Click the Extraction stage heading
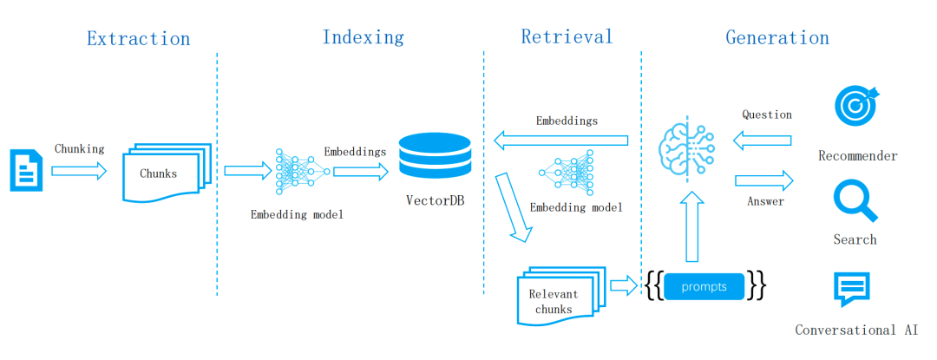click(x=138, y=38)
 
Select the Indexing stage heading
click(x=363, y=37)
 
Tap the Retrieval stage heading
click(x=567, y=36)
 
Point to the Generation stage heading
click(x=777, y=37)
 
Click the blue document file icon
click(x=25, y=170)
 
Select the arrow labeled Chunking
click(x=79, y=171)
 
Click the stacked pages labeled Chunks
click(x=166, y=174)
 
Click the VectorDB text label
click(x=434, y=200)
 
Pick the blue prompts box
click(x=705, y=286)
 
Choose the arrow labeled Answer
click(x=764, y=180)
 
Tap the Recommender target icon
click(x=855, y=105)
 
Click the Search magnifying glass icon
click(x=855, y=201)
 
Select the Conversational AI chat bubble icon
click(x=851, y=290)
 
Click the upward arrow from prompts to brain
click(x=691, y=227)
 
